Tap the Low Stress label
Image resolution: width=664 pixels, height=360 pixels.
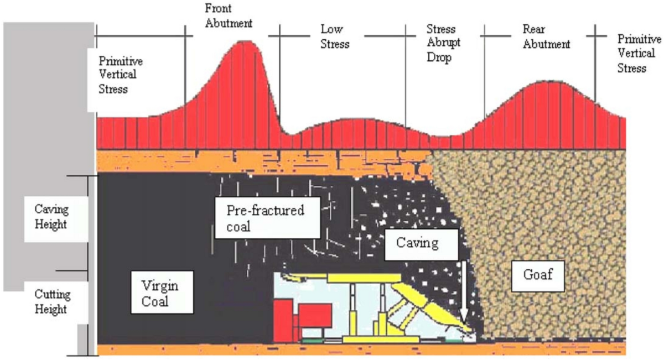pos(335,36)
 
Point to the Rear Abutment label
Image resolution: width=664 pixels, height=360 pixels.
pos(546,36)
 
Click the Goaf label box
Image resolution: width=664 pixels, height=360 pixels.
pos(537,275)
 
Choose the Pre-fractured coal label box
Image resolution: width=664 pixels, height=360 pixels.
pos(266,217)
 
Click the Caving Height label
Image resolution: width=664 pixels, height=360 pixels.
pos(51,217)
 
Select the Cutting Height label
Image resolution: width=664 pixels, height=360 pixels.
pos(51,301)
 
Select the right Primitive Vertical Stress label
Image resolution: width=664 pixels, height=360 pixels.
pos(639,54)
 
